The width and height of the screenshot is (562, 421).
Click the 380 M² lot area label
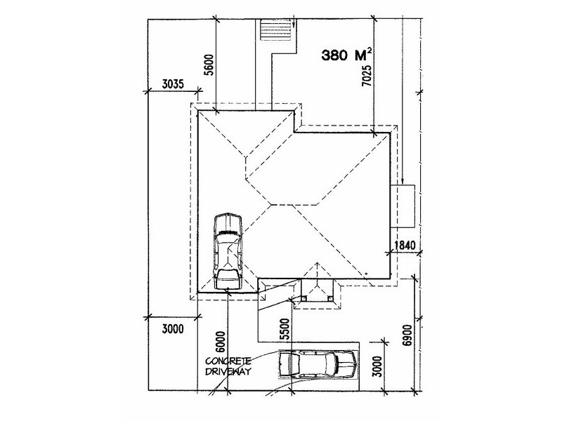346,55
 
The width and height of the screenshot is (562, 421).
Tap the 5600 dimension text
209,65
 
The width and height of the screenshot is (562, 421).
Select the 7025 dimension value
366,76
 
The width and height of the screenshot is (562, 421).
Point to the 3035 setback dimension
173,84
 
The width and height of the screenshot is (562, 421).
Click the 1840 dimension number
405,245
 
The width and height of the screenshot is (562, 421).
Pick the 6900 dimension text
407,335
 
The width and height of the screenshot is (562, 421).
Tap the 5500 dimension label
285,329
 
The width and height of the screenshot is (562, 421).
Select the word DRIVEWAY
228,371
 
